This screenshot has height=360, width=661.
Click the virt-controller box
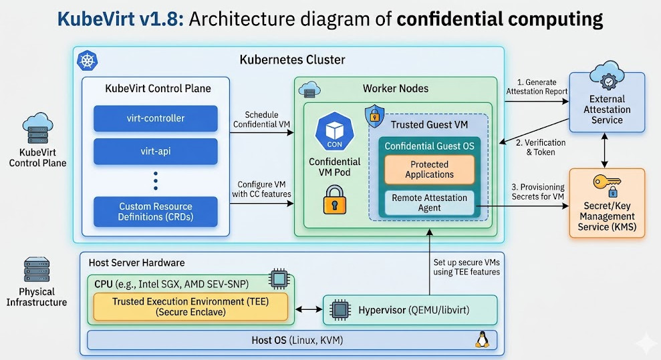click(x=155, y=118)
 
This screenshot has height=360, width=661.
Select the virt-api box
click(x=155, y=151)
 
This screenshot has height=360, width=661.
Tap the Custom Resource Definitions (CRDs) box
click(x=155, y=212)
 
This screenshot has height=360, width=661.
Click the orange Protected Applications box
click(x=429, y=170)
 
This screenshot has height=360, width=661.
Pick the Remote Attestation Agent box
click(x=429, y=202)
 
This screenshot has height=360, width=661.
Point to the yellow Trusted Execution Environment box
click(x=190, y=307)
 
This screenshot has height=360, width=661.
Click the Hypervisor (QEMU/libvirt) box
click(x=410, y=310)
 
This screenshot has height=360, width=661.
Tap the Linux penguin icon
click(x=481, y=340)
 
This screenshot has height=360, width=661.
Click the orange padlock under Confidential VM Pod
click(x=334, y=200)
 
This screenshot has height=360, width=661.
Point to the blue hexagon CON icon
click(x=334, y=130)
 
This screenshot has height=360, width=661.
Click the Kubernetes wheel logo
click(x=88, y=61)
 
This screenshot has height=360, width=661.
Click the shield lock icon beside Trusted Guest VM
click(x=374, y=116)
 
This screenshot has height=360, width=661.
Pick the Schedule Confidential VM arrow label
click(x=261, y=119)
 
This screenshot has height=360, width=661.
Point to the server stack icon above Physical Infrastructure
click(x=37, y=271)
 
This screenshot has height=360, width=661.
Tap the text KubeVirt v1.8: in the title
click(x=117, y=19)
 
